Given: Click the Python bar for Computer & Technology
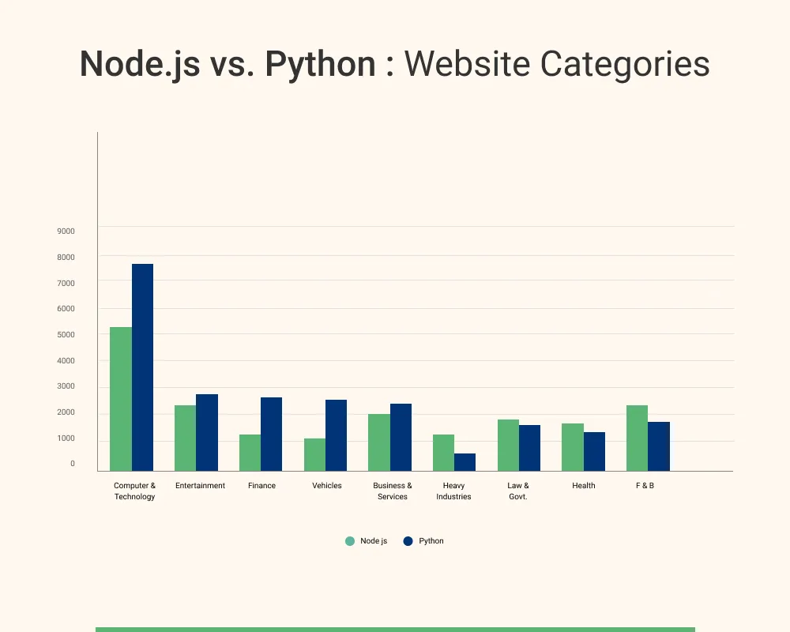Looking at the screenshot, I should click(x=142, y=367).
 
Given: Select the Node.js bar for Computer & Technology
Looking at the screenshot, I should click(x=121, y=399).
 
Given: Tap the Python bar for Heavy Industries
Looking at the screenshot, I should click(x=465, y=462).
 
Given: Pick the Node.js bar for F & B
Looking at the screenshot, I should click(x=637, y=438).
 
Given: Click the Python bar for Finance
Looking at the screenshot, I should click(x=271, y=434).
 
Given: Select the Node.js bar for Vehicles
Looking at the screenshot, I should click(x=314, y=455).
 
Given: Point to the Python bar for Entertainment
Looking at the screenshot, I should click(x=207, y=433).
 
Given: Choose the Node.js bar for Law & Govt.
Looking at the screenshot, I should click(x=508, y=446).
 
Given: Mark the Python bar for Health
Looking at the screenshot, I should click(x=594, y=452).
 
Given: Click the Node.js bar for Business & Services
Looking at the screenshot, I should click(x=379, y=442).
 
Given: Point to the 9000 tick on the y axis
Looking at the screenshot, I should click(x=66, y=231).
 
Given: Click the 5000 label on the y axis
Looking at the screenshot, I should click(x=66, y=335).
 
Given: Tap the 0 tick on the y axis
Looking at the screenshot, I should click(x=73, y=464).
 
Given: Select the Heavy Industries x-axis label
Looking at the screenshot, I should click(x=453, y=491).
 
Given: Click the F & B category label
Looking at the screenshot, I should click(x=645, y=486).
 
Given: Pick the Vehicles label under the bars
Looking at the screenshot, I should click(x=327, y=486).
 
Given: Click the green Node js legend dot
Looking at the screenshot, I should click(x=350, y=541).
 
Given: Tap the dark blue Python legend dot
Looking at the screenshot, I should click(x=408, y=541).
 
